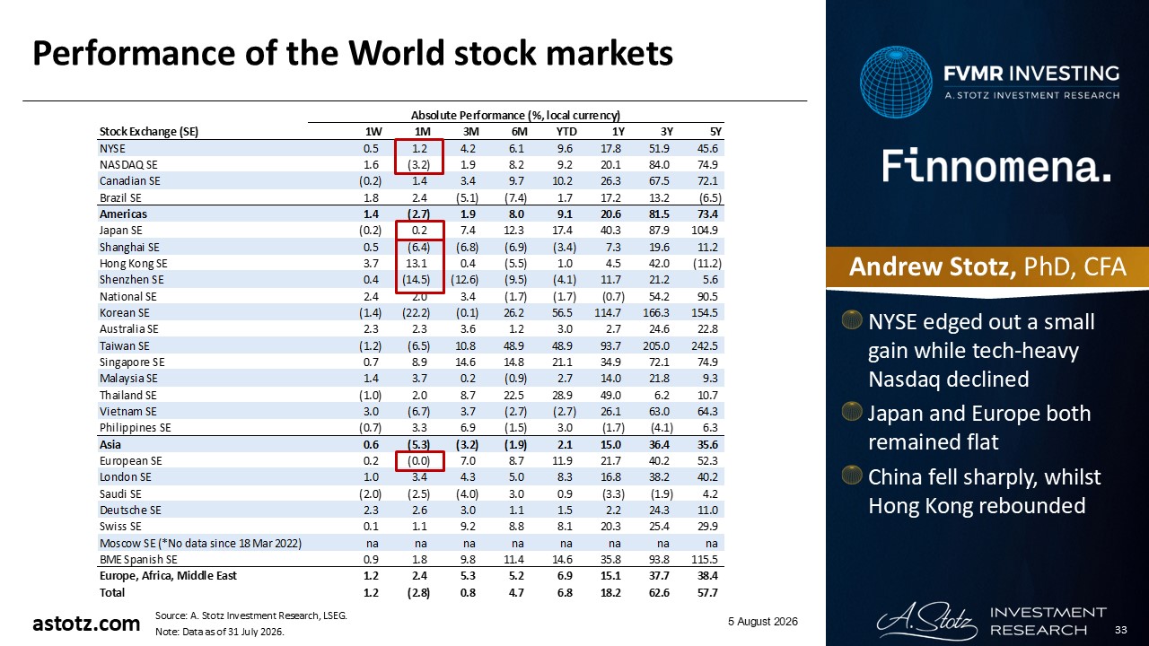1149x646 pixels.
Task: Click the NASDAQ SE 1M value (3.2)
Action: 418,165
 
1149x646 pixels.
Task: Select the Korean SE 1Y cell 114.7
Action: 608,313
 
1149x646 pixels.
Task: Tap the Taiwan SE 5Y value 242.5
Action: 705,346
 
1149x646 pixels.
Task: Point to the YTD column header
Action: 566,132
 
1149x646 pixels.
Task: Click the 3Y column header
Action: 666,132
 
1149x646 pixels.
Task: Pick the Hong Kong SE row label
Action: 134,264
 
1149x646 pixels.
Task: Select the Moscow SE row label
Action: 200,543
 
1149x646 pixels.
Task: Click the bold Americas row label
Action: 123,214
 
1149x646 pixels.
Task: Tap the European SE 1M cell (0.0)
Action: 418,461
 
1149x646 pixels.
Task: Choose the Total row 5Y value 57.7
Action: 707,593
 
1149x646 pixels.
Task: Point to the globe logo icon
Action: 896,82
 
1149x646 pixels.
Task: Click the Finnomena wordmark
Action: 996,167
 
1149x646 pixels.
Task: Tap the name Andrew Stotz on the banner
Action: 933,267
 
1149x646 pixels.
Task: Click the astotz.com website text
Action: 86,624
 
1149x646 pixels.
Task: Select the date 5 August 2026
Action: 763,622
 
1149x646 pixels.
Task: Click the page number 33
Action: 1121,630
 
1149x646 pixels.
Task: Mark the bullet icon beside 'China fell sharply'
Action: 852,475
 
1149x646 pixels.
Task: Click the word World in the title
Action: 395,53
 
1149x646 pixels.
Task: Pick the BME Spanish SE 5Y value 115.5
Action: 705,559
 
